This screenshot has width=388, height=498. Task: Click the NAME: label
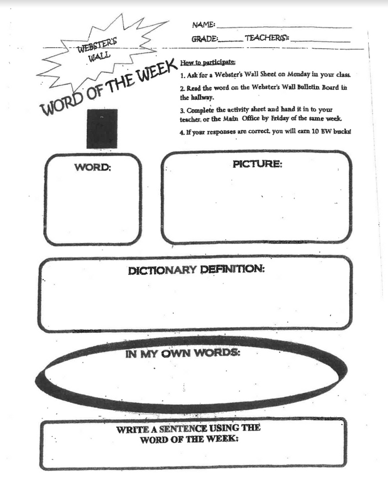[204, 25]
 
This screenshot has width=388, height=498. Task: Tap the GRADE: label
[205, 39]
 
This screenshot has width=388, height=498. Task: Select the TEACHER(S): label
[267, 38]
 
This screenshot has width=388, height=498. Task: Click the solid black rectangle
[102, 129]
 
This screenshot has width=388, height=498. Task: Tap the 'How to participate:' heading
[208, 63]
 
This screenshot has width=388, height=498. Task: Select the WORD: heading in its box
[93, 168]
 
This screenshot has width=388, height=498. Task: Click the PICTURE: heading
[257, 164]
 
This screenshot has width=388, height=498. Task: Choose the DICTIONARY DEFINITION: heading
[196, 270]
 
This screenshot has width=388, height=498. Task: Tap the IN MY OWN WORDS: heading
[183, 353]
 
